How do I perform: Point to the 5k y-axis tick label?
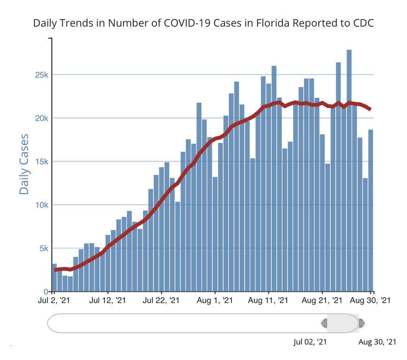tap(43, 248)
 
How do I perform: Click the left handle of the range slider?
tap(324, 323)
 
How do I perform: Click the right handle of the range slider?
tap(362, 323)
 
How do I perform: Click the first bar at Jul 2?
tap(54, 277)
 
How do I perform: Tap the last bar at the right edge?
tap(371, 210)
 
